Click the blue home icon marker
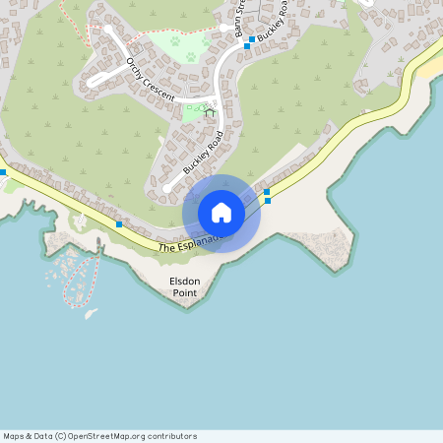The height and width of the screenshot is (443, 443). tap(221, 213)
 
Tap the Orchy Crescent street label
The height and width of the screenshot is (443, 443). tap(150, 79)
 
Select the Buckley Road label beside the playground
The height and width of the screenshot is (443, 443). tap(204, 152)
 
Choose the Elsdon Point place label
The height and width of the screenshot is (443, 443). tap(185, 286)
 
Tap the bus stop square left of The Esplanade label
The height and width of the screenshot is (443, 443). tap(119, 224)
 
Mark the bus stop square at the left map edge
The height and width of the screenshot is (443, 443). tap(3, 172)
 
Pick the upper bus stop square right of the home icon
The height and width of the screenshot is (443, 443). tap(267, 191)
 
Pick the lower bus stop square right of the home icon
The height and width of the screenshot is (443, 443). tap(268, 200)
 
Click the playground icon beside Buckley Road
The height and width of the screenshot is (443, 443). tap(209, 112)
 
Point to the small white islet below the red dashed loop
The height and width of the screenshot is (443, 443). tap(92, 313)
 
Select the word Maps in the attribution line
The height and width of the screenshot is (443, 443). tap(15, 436)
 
